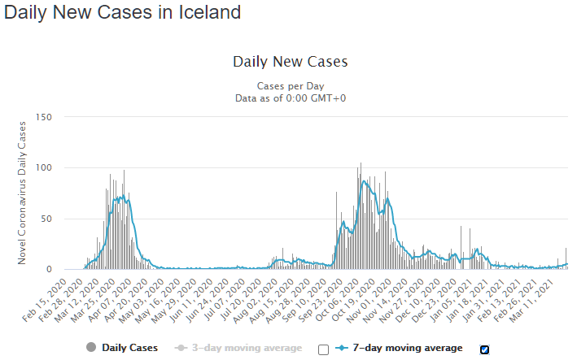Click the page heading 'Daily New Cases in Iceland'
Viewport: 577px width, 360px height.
[x=123, y=13]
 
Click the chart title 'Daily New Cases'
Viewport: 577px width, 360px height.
[x=290, y=62]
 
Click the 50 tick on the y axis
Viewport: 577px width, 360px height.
[x=46, y=219]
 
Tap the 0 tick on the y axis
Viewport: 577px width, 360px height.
[x=50, y=269]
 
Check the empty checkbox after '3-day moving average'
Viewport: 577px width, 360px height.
[x=323, y=349]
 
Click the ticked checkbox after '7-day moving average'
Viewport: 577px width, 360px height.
[x=485, y=349]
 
